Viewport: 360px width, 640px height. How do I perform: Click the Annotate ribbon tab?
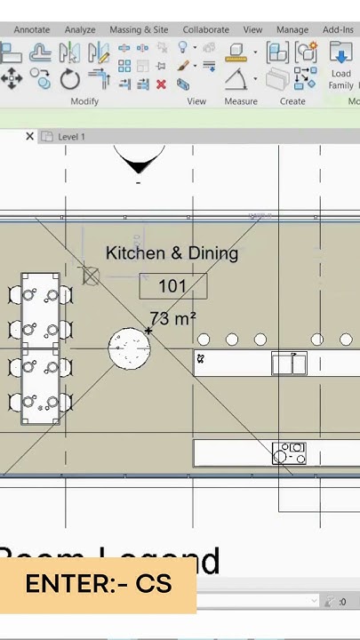tap(31, 29)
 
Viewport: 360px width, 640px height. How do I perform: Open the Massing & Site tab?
tap(138, 29)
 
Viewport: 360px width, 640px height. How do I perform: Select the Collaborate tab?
tap(205, 29)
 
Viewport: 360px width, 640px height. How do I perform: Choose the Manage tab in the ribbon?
tap(292, 29)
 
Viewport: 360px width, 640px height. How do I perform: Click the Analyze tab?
tap(79, 29)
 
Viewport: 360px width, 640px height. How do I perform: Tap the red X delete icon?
tap(161, 84)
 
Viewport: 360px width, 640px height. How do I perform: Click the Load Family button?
tap(341, 68)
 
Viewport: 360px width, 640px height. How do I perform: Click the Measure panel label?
tap(240, 101)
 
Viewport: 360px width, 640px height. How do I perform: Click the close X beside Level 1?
tap(29, 136)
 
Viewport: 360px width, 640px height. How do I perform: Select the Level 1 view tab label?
tap(71, 137)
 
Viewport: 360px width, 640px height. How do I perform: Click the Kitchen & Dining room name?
tap(172, 253)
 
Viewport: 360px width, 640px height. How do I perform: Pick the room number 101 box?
tap(172, 286)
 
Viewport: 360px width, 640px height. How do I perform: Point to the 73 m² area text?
tap(173, 318)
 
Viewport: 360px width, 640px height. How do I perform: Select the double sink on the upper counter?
tap(288, 364)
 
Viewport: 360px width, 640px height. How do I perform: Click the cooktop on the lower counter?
tap(288, 453)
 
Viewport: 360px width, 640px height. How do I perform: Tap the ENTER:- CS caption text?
tap(98, 584)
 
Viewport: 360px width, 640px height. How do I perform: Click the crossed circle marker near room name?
tap(91, 276)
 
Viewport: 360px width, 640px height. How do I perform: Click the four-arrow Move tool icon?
tap(12, 80)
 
